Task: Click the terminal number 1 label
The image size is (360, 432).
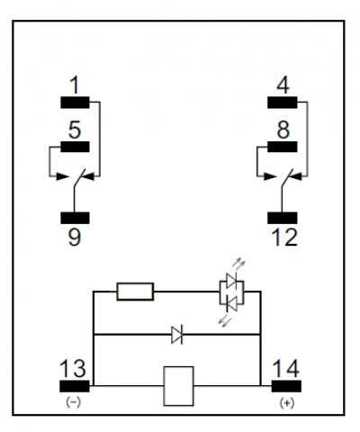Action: click(75, 85)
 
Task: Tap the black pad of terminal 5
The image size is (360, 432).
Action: click(75, 147)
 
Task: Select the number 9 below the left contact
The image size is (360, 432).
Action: click(75, 237)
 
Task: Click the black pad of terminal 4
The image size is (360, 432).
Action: click(283, 103)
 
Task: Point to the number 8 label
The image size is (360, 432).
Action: click(283, 130)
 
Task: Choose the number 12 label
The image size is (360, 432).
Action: click(284, 238)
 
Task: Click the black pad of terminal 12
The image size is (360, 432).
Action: click(283, 218)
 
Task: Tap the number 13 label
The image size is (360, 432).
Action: click(73, 368)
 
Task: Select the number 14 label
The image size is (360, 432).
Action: click(286, 368)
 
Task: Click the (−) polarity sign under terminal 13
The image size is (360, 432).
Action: click(74, 402)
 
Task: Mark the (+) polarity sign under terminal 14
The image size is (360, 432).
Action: click(287, 402)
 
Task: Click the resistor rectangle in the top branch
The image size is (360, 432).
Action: click(135, 292)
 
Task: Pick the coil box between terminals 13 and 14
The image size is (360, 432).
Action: click(178, 386)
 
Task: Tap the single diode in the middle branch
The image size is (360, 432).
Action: click(177, 335)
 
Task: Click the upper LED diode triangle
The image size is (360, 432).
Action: click(231, 281)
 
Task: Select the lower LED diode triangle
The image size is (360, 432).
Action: click(231, 303)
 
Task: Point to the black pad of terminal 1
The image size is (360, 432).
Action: click(75, 103)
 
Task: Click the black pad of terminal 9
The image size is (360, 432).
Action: click(75, 218)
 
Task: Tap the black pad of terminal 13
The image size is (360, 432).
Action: click(75, 386)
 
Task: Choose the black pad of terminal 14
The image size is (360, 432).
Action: click(286, 386)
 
